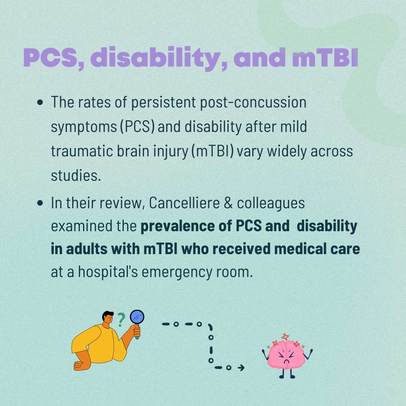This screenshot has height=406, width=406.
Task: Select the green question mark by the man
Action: click(x=121, y=320)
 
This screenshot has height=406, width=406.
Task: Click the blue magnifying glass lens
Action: click(x=137, y=317)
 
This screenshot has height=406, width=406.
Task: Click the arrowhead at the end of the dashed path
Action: click(x=241, y=368)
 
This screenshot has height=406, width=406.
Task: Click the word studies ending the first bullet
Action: click(x=76, y=176)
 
